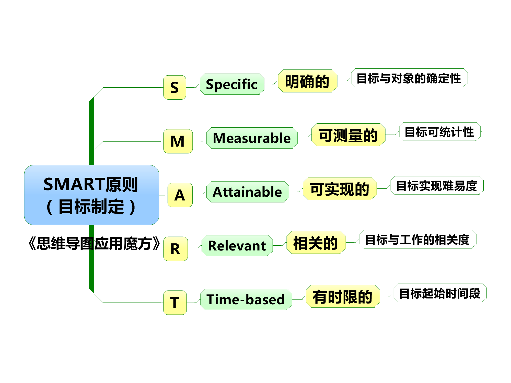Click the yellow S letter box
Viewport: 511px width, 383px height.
pyautogui.click(x=175, y=87)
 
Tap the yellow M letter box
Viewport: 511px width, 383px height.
pyautogui.click(x=178, y=141)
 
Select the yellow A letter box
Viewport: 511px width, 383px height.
pyautogui.click(x=180, y=195)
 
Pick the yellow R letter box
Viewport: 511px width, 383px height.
pyautogui.click(x=176, y=249)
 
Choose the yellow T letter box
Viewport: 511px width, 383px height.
pyautogui.click(x=175, y=303)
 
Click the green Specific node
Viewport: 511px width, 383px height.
pyautogui.click(x=232, y=84)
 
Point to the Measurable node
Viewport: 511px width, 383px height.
pyautogui.click(x=252, y=138)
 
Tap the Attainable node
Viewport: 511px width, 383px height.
pyautogui.click(x=248, y=192)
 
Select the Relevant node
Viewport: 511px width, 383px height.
pyautogui.click(x=237, y=246)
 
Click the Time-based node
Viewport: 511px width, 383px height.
pyautogui.click(x=246, y=299)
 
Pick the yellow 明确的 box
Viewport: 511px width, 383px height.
pyautogui.click(x=308, y=81)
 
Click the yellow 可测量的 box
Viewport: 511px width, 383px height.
pyautogui.click(x=349, y=135)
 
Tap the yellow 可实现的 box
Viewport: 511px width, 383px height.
pyautogui.click(x=340, y=188)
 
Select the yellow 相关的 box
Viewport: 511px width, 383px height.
pyautogui.click(x=316, y=242)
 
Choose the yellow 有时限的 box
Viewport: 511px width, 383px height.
pyautogui.click(x=343, y=296)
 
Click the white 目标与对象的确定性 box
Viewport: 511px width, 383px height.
pyautogui.click(x=409, y=78)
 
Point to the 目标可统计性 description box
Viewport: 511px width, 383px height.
pyautogui.click(x=440, y=131)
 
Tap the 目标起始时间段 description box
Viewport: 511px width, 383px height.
pyautogui.click(x=440, y=293)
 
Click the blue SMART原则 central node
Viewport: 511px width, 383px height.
pyautogui.click(x=91, y=195)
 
